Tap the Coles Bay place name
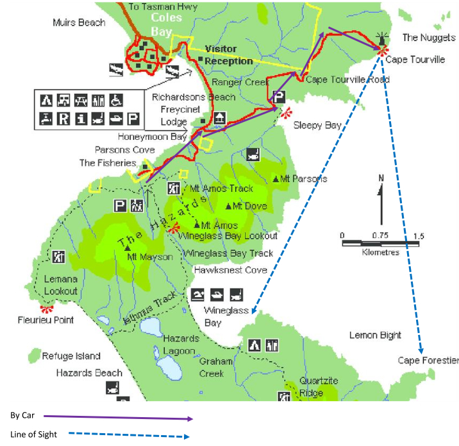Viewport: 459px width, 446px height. click(x=167, y=24)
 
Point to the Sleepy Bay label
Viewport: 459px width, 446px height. click(x=317, y=126)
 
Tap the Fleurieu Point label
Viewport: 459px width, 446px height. click(x=46, y=320)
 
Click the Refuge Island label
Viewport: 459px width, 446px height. click(x=71, y=356)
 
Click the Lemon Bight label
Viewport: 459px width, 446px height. click(x=375, y=335)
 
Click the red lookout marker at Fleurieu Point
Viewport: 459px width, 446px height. click(x=46, y=309)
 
